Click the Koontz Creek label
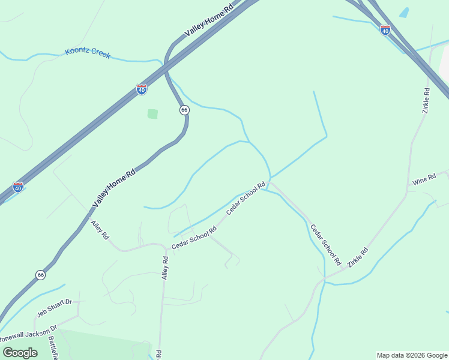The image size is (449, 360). (88, 54)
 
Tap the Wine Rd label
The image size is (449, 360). (424, 180)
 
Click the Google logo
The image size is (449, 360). (20, 352)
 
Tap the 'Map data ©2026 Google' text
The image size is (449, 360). (412, 355)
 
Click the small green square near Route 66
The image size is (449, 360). (152, 113)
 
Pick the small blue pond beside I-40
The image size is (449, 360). (404, 13)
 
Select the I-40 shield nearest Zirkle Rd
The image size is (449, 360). (385, 29)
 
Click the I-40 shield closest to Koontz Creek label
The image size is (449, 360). (142, 89)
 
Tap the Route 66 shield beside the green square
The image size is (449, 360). (184, 110)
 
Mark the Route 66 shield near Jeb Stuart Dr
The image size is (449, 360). (40, 275)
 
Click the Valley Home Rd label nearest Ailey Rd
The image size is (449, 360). (114, 188)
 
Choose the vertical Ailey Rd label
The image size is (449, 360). (166, 268)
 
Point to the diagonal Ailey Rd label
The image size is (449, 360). (100, 230)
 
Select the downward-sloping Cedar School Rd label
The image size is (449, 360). (325, 245)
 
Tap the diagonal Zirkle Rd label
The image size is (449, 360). (357, 265)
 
